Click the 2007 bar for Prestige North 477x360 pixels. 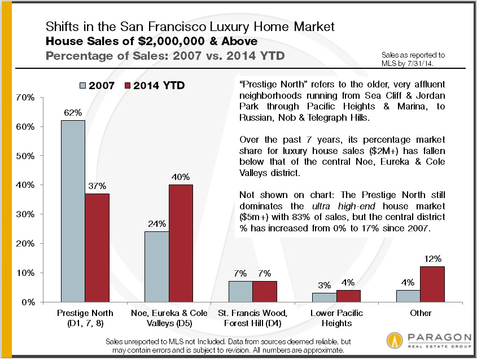click(73, 211)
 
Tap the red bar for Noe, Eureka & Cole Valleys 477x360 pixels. click(181, 243)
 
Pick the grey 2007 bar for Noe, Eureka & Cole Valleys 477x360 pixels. click(156, 266)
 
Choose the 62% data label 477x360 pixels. click(73, 112)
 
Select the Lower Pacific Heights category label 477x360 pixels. click(336, 318)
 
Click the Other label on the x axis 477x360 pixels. click(420, 313)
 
